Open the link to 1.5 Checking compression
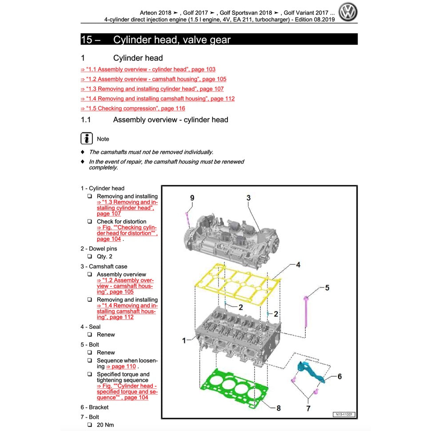tap(133, 108)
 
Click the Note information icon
tap(87, 139)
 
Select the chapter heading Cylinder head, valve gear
tap(172, 40)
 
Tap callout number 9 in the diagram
tap(192, 198)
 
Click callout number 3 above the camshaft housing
tap(248, 198)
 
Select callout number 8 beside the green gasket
tap(279, 407)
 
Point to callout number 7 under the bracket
tap(308, 407)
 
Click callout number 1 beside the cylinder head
tap(184, 340)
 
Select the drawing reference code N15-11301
tap(344, 415)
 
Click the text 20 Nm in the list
tap(105, 425)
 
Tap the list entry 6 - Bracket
tap(94, 407)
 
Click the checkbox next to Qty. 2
tap(90, 256)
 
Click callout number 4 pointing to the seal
tap(298, 265)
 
